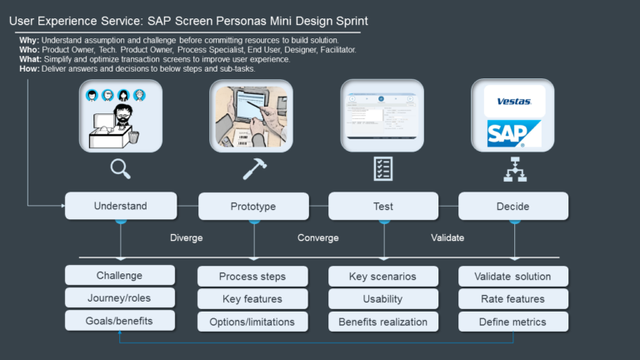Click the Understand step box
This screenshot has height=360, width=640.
point(121,206)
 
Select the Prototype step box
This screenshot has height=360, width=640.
point(252,206)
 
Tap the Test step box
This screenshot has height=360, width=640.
point(383,206)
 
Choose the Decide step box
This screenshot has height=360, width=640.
point(513,206)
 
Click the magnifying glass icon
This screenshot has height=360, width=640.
point(121,169)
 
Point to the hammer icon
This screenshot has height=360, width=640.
point(253,169)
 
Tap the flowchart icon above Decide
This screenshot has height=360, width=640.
point(513,170)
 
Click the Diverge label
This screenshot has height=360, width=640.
point(186,237)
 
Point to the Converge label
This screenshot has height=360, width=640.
point(317,237)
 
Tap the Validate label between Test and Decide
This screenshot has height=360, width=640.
point(447,237)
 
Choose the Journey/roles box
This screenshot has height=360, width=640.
point(120,298)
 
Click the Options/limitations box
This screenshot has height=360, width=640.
point(252,321)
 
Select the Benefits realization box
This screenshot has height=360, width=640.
point(383,321)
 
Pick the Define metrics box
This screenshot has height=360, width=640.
point(513,321)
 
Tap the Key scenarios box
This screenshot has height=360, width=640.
point(383,276)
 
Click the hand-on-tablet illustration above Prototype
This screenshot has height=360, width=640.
point(252,115)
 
